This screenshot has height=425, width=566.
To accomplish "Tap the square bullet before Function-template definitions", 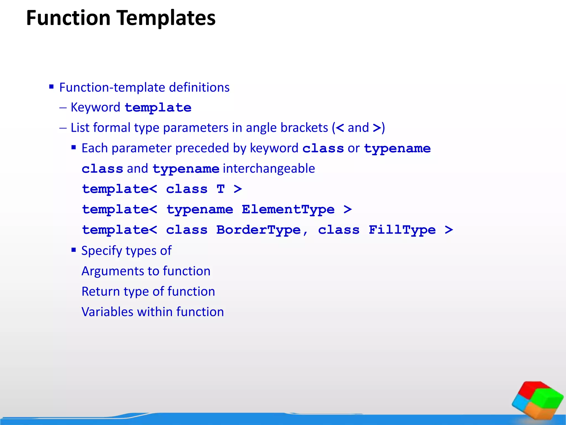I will coord(51,87).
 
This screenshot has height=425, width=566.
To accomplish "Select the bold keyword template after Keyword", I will coord(158,108).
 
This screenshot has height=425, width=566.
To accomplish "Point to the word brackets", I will coord(304,128).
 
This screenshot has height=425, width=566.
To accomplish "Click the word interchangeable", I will coord(269,169).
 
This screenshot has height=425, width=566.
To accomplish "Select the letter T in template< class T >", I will coord(221,189).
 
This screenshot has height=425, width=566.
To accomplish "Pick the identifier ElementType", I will coord(288,209).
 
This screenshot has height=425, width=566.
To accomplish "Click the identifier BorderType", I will coord(258,230).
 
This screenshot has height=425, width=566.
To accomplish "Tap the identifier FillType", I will coord(402,230).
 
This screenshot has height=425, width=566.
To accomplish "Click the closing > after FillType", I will coord(449,230).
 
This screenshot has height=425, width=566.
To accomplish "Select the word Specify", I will coord(102,251).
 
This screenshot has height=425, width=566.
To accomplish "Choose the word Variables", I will coord(108,312).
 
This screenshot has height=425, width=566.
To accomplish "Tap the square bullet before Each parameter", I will coord(74,147).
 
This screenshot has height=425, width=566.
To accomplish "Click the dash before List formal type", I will coord(63,128).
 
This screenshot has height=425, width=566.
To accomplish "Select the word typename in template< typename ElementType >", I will coord(200,209).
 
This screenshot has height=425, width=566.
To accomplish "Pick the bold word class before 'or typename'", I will coord(323,149).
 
